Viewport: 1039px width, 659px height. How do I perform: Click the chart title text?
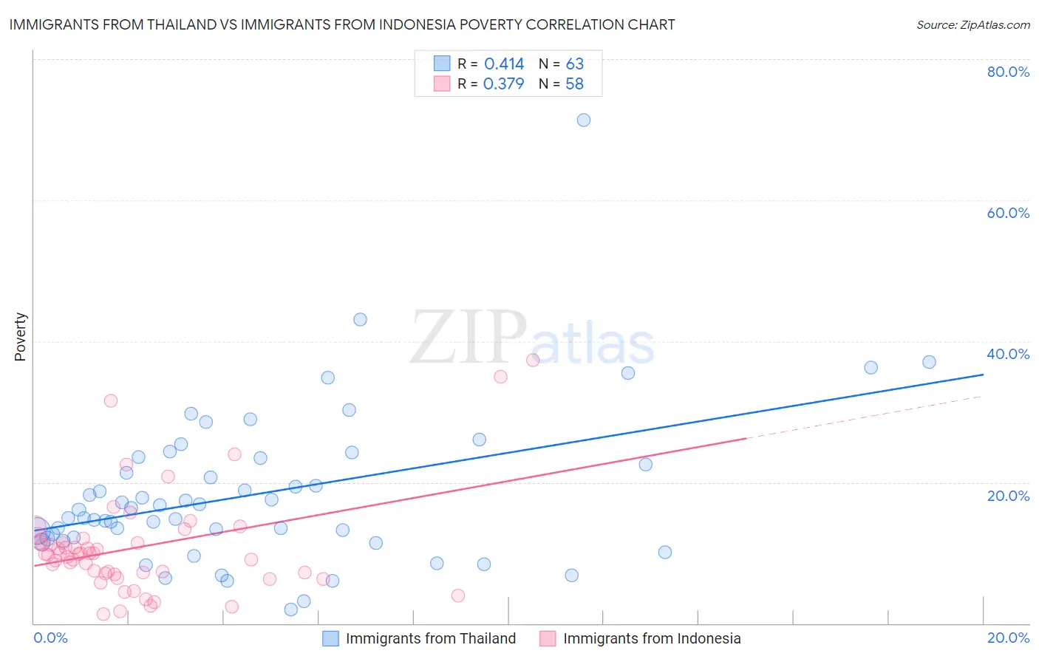341,25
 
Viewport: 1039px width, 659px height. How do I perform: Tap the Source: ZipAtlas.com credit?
972,25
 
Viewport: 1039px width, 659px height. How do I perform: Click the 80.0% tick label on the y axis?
1008,72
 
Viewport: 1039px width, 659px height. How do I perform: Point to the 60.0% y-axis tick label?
1008,213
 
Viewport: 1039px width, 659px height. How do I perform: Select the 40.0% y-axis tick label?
1008,354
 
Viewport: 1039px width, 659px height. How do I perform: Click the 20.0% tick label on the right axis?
1008,496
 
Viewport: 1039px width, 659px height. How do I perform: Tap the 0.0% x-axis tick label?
50,638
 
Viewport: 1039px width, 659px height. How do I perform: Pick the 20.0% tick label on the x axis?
1008,638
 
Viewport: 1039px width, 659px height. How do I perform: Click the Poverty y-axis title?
20,337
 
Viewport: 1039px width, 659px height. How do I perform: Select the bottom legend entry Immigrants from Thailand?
430,638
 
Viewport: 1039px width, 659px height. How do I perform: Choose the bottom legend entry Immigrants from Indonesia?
651,638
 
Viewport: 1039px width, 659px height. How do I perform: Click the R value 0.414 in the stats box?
504,64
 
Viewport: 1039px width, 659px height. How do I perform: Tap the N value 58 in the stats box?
574,84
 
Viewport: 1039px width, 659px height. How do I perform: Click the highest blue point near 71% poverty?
584,120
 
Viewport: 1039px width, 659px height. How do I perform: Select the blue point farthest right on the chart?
929,362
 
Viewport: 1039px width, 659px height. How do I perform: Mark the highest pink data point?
533,361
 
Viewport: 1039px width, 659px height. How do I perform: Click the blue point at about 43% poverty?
360,320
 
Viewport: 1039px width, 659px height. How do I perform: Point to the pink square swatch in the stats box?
442,83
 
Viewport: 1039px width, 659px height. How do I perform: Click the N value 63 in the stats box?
574,64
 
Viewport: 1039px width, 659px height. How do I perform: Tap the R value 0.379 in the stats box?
503,84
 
